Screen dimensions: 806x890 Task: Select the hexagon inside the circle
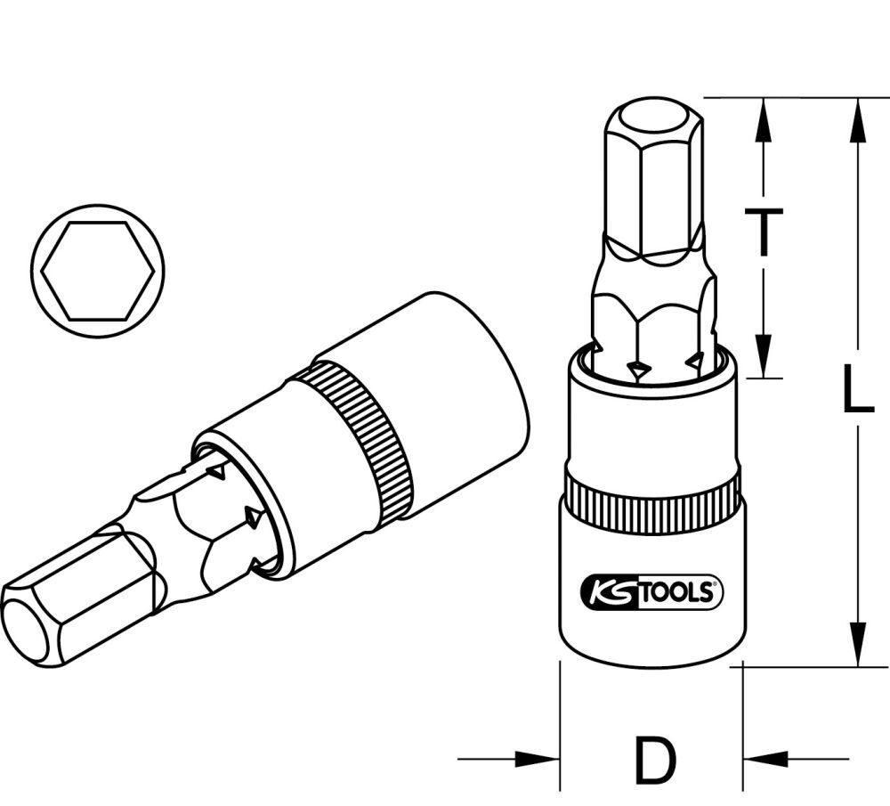[x=99, y=271]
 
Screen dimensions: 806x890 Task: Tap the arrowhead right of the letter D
[x=765, y=760]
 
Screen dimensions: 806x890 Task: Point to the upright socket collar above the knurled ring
[x=653, y=427]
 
